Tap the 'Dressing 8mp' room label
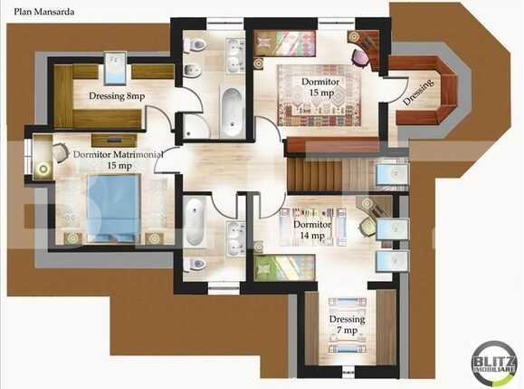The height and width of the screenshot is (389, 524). (116, 95)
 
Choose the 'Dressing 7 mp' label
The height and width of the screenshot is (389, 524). (348, 325)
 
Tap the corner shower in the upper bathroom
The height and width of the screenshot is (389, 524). (195, 127)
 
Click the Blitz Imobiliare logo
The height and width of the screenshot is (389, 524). (494, 364)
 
